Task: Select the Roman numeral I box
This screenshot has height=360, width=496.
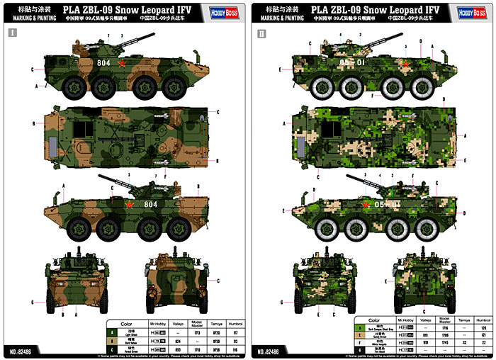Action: pos(11,33)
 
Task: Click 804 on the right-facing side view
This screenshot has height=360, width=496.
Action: pos(104,63)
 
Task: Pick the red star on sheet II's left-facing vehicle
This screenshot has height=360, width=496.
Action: pos(366,205)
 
